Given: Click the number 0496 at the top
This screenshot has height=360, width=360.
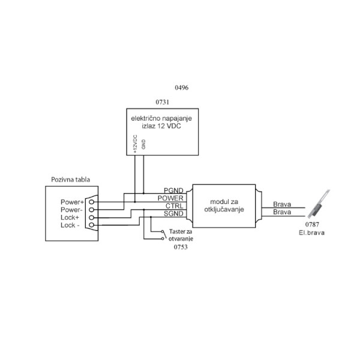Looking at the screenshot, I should click(181, 88).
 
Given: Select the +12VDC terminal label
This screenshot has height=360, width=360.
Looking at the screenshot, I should click(135, 145).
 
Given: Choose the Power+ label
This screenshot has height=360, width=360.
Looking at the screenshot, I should click(71, 202).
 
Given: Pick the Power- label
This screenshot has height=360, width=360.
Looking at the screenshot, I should click(71, 210).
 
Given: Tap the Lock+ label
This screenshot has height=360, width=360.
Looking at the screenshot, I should click(72, 218).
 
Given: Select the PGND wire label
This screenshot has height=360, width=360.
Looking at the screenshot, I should click(174, 190).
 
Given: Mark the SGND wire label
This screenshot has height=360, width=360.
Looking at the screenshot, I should click(174, 214).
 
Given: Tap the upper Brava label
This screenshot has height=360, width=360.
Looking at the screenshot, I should click(281, 204).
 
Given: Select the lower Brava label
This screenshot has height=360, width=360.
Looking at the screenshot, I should click(281, 212).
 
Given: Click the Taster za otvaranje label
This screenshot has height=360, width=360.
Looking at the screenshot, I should click(182, 235).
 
